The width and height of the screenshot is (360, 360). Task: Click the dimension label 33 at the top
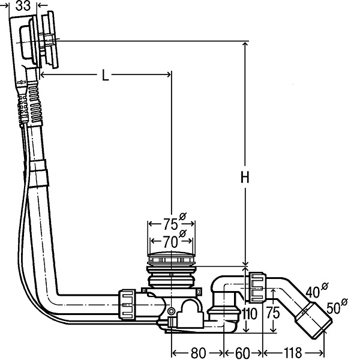[x=23, y=6]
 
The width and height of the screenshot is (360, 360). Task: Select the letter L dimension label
[x=105, y=75]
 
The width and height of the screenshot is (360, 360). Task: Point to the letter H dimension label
[x=245, y=177]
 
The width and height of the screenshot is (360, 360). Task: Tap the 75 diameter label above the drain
[x=170, y=224]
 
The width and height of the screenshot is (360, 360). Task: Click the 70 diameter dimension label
[x=170, y=242]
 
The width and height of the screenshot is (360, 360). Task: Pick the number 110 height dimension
[x=250, y=314]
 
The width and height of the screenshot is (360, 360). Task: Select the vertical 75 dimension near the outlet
[x=273, y=313]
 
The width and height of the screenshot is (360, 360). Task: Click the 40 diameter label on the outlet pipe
[x=313, y=292]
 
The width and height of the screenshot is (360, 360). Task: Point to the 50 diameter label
[x=334, y=308]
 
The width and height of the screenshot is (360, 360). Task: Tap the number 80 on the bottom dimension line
[x=198, y=353]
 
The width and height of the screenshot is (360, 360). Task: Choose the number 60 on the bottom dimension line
[x=242, y=353]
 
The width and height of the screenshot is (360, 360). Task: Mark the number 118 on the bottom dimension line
[x=293, y=353]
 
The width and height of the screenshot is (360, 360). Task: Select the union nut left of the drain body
[x=127, y=305]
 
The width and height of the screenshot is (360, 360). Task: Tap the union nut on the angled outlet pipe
[x=257, y=287]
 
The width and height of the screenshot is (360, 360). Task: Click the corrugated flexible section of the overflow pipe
[x=35, y=103]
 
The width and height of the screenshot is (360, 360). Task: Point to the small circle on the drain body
[x=171, y=311]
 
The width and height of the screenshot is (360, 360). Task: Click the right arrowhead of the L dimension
[x=168, y=74]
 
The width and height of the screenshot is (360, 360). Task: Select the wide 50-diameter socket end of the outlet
[x=314, y=320]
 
